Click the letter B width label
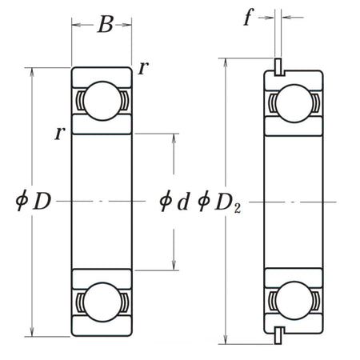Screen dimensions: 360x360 point(105,25)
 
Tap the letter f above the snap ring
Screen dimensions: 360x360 point(249,18)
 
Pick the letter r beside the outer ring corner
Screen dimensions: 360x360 point(142,68)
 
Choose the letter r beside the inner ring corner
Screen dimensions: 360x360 point(60,133)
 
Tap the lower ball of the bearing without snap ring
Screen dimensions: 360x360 point(102,302)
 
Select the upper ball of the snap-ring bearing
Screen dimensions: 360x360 point(294,103)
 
